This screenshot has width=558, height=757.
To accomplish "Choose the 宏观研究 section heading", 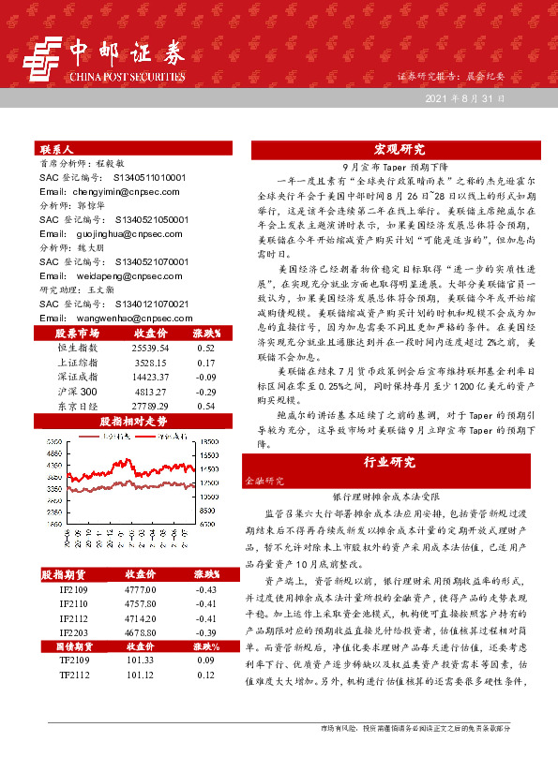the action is coord(400,149).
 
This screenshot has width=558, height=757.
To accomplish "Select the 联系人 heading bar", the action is coord(56,149).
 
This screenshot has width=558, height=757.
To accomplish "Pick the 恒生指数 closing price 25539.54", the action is coord(143,347).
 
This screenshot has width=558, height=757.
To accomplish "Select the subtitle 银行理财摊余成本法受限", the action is coord(400,497).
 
